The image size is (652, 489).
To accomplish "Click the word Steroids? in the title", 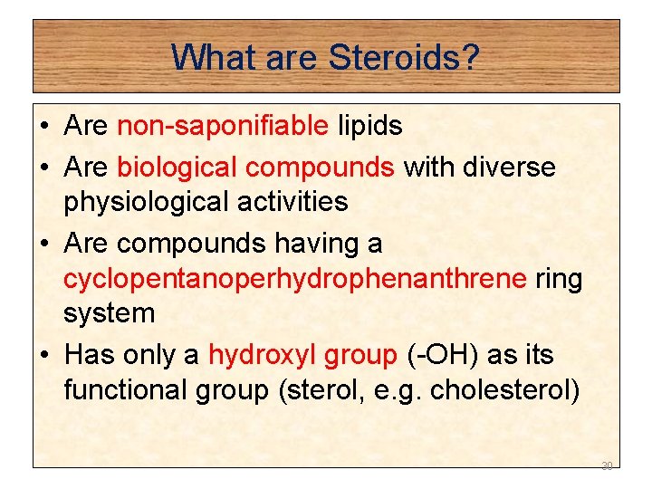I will [x=403, y=58].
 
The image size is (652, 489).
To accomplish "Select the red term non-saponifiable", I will [x=223, y=126].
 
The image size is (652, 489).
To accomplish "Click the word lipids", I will [x=370, y=126].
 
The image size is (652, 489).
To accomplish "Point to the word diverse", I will [x=511, y=168].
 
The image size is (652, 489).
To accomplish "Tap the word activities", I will [x=291, y=202].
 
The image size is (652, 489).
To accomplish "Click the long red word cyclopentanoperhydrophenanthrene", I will [x=294, y=278].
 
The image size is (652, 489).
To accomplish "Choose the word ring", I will [x=559, y=278].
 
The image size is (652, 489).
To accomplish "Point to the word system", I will [x=109, y=314].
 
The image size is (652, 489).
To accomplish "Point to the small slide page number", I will [x=607, y=466].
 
